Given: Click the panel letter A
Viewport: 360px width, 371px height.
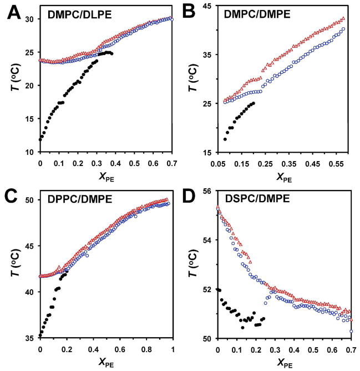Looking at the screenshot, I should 10,12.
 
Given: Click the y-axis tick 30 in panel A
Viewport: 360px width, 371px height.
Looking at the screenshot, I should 29,19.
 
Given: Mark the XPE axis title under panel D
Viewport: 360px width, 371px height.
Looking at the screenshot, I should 284,362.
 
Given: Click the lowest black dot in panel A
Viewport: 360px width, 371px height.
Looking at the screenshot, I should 40,139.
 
